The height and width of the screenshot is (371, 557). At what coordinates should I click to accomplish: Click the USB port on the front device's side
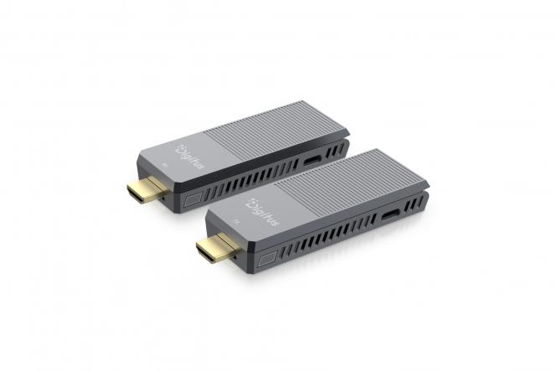391,217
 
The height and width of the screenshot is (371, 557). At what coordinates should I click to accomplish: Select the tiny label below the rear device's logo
164,166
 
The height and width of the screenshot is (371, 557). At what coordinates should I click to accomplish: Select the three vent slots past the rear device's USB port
335,149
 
